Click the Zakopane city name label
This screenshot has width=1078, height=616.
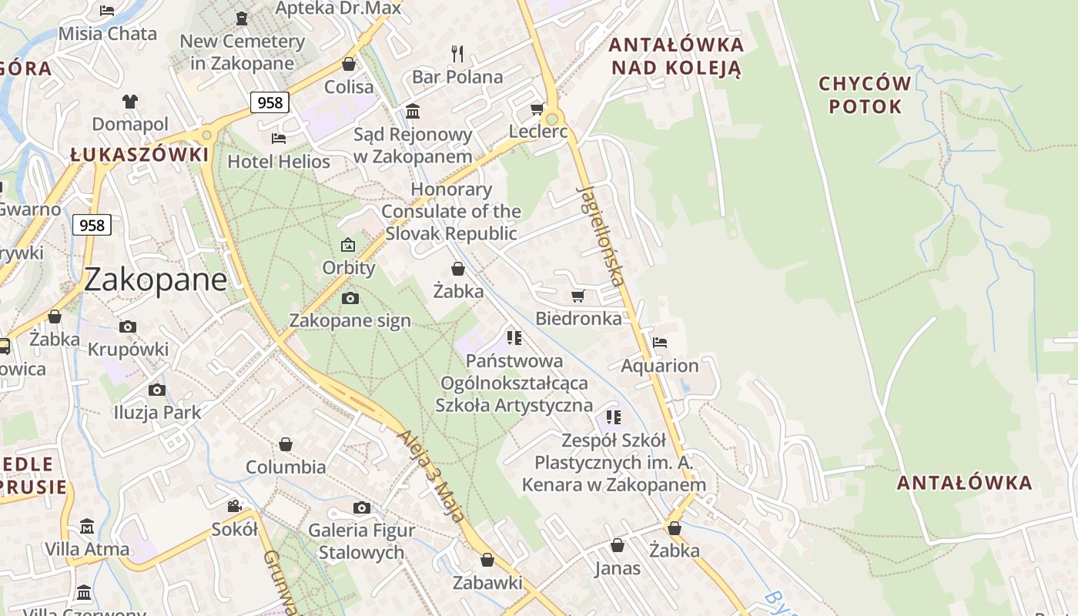155,280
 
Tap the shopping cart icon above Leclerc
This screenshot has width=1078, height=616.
537,109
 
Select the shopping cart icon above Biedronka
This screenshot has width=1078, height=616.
578,296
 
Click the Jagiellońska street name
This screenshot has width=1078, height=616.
600,236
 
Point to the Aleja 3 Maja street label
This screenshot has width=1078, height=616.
430,476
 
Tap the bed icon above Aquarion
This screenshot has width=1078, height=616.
660,343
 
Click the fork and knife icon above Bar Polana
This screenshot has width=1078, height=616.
457,53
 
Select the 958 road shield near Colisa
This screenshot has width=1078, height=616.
269,102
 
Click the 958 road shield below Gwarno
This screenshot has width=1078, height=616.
92,225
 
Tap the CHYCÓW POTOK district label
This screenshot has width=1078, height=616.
865,95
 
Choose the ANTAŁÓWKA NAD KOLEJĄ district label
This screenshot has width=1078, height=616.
676,56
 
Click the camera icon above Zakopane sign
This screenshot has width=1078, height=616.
350,298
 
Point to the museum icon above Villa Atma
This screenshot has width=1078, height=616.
86,526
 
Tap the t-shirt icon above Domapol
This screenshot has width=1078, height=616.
129,101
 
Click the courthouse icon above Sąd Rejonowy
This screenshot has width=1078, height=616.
413,112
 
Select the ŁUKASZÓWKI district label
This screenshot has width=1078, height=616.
139,155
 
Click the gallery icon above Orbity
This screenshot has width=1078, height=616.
348,246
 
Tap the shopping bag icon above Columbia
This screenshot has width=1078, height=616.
286,444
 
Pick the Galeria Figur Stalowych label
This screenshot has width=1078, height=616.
361,541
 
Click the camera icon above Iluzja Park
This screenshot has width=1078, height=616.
157,390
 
